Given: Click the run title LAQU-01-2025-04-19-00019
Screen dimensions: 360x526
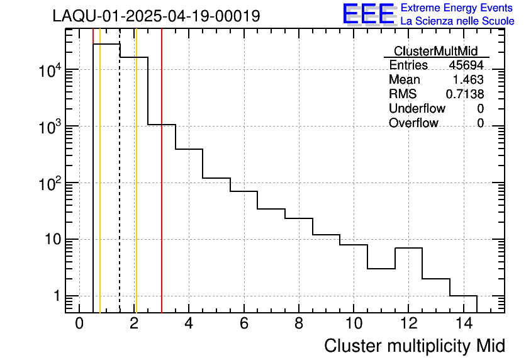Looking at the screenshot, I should click(156, 16).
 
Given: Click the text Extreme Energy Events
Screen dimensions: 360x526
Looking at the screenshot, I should click(457, 8).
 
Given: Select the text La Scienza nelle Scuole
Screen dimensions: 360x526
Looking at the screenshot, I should click(457, 21).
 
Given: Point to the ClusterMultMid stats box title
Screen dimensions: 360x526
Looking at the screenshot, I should click(435, 51).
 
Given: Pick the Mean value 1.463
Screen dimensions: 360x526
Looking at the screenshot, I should click(468, 80).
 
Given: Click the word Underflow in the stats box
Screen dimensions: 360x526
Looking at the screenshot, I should click(417, 109).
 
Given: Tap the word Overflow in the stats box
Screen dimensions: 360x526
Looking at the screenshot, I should click(413, 123).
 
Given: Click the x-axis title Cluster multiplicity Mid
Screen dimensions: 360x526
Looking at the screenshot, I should click(414, 346).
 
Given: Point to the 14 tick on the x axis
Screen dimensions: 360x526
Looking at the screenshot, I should click(463, 324).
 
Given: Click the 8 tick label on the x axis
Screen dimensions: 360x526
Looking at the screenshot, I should click(299, 324).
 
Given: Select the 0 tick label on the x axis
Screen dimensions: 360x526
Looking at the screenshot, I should click(79, 324).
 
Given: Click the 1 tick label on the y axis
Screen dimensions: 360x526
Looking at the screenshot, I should click(56, 296).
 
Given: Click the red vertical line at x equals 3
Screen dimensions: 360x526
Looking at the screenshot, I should click(162, 189).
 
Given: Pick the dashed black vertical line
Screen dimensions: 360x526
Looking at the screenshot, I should click(120, 189).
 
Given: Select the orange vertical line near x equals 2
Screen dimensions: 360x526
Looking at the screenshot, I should click(136, 189).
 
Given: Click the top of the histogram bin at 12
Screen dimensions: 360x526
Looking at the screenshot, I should click(408, 248).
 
